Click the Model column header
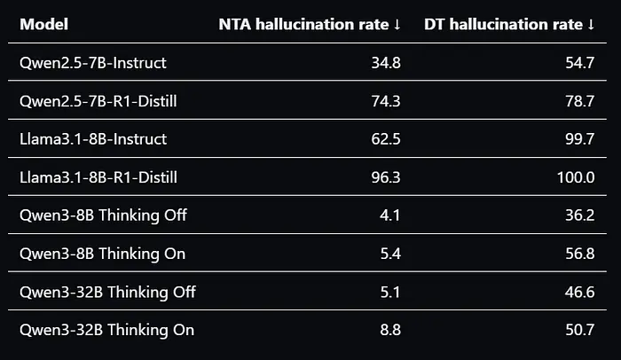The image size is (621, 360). (x=44, y=24)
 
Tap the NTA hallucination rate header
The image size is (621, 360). (x=310, y=25)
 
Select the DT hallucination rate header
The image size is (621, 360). (x=509, y=25)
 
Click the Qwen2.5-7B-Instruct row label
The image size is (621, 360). (x=93, y=63)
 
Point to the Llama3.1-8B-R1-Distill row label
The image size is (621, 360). (x=98, y=177)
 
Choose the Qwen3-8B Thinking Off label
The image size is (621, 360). (x=103, y=215)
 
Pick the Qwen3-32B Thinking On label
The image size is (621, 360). (x=107, y=330)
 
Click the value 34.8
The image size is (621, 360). (x=386, y=63)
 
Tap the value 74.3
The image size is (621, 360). (x=386, y=101)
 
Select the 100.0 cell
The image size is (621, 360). (x=576, y=177)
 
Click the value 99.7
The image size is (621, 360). (x=580, y=139)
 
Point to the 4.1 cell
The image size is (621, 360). (x=390, y=215)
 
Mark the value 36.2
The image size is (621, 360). (x=580, y=215)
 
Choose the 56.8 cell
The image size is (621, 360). (x=580, y=254)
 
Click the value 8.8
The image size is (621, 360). (x=390, y=330)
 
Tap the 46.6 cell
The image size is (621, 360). (x=580, y=292)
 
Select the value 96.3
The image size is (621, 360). (x=386, y=177)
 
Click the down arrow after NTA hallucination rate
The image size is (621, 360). (x=397, y=25)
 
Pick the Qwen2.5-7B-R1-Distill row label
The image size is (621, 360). (x=98, y=101)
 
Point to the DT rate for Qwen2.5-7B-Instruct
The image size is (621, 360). (x=580, y=63)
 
